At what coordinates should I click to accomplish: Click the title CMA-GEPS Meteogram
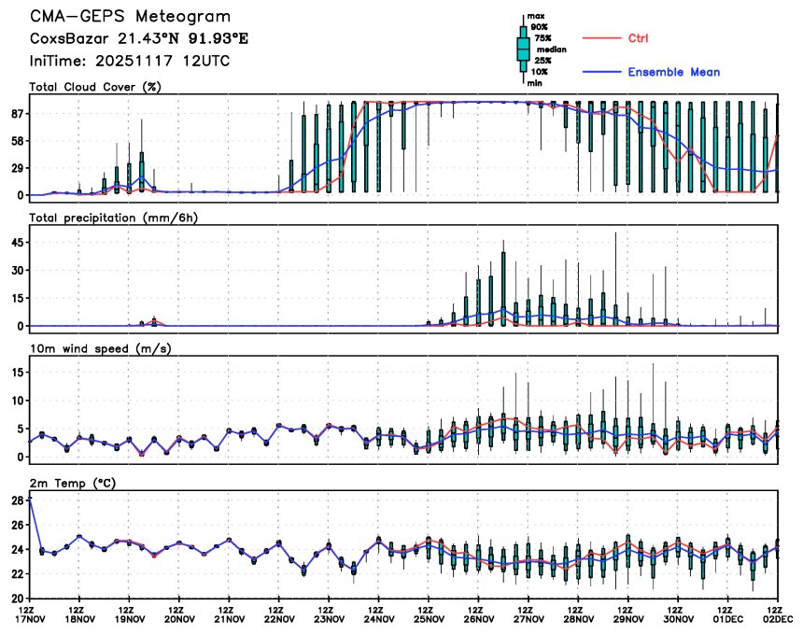(130, 17)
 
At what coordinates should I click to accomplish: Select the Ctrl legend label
(638, 38)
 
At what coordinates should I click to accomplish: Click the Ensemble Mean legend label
(673, 72)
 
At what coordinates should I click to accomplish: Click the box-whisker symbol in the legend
(524, 49)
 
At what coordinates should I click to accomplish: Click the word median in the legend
(544, 49)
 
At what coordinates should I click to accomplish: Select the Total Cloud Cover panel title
(95, 87)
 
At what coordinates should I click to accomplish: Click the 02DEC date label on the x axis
(777, 618)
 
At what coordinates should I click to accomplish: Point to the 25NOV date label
(429, 618)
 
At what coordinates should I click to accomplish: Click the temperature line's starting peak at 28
(31, 500)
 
